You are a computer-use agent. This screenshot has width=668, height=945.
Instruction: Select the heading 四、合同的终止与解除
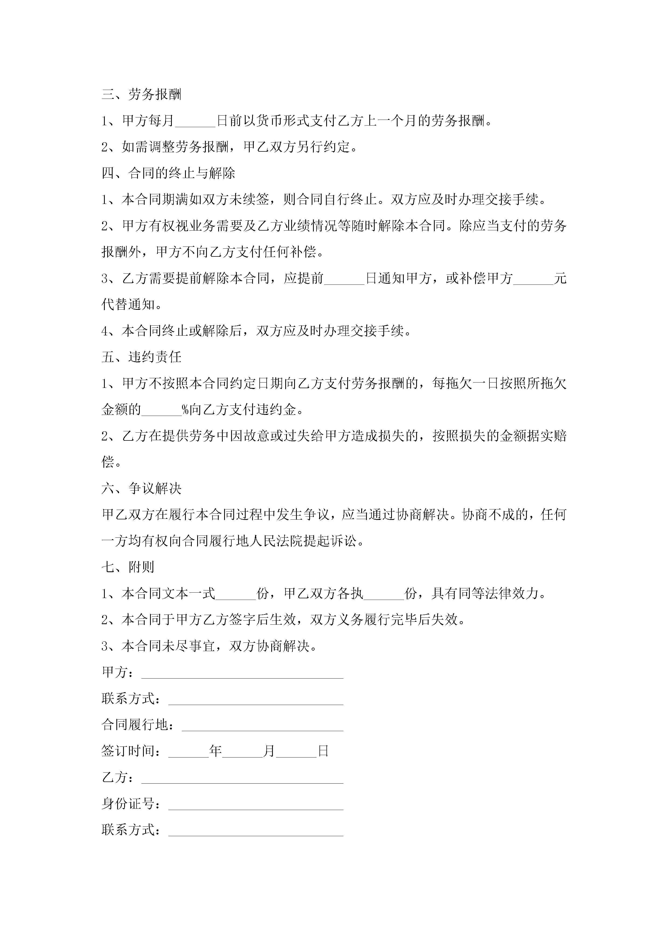pyautogui.click(x=168, y=173)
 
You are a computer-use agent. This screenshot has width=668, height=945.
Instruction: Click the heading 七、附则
pyautogui.click(x=128, y=567)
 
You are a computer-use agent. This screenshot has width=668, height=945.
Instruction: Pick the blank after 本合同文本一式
pyautogui.click(x=236, y=594)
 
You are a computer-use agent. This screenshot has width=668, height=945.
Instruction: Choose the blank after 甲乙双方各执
pyautogui.click(x=384, y=594)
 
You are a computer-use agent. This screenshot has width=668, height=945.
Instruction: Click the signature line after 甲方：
pyautogui.click(x=242, y=673)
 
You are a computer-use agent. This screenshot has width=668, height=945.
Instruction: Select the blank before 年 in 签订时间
pyautogui.click(x=189, y=752)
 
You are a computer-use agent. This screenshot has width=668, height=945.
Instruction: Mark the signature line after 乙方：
pyautogui.click(x=242, y=778)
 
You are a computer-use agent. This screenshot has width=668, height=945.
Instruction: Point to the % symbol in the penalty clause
pyautogui.click(x=186, y=409)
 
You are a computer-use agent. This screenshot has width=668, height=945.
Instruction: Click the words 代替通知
pyautogui.click(x=128, y=305)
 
